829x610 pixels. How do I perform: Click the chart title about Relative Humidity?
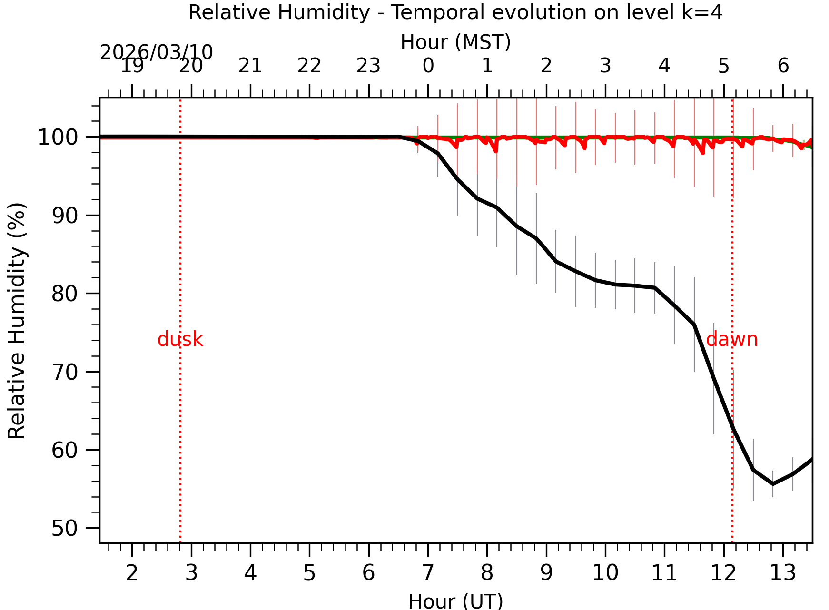[455, 12]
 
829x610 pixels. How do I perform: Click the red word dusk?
[180, 340]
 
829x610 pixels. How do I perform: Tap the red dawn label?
[731, 340]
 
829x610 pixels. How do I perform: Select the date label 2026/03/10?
[156, 52]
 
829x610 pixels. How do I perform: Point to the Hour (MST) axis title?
[455, 42]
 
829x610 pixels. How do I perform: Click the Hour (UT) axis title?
[455, 601]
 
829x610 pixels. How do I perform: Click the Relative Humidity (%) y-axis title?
[17, 321]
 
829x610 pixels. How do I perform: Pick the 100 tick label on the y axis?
[64, 138]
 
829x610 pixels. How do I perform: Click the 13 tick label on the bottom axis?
[783, 573]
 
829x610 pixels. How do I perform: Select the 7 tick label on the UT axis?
[428, 573]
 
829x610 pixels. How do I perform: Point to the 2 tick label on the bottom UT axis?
[132, 573]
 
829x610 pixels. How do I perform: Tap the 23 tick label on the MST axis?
[368, 66]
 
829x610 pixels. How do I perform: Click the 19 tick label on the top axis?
[132, 66]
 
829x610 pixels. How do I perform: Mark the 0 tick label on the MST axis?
[428, 66]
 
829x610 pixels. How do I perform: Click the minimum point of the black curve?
[773, 484]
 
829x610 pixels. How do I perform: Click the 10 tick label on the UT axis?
[605, 573]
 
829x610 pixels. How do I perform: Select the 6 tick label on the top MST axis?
[783, 66]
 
